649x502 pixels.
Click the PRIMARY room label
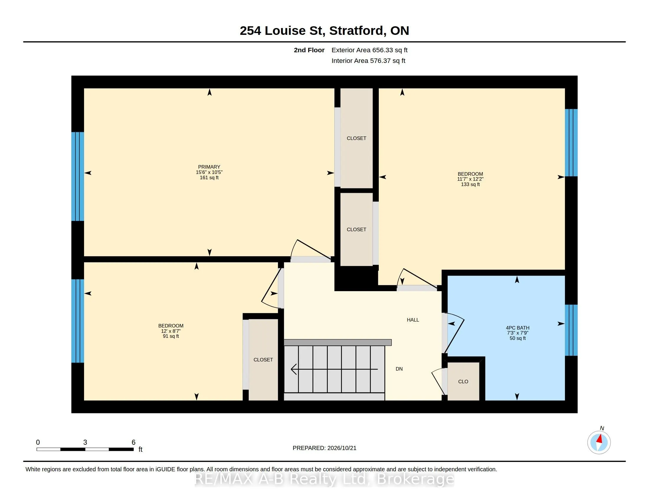(209, 167)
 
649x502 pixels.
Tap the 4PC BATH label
(518, 328)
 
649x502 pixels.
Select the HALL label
(413, 320)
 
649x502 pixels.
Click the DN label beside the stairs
(399, 369)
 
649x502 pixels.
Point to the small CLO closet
(463, 381)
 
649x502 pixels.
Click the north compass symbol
(599, 442)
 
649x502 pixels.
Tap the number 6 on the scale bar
(133, 442)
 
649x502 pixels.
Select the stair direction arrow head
(294, 369)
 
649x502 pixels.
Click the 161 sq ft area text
(209, 177)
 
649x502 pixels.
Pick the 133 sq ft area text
(471, 184)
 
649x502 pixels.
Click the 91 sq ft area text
(171, 336)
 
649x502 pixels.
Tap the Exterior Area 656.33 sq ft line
(369, 50)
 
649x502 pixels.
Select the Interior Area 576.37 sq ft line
(368, 61)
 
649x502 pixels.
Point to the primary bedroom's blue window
(78, 176)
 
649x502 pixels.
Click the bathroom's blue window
(571, 330)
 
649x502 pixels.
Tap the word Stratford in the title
(356, 31)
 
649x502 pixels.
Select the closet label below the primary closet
(356, 229)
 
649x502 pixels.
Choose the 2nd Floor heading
(309, 50)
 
